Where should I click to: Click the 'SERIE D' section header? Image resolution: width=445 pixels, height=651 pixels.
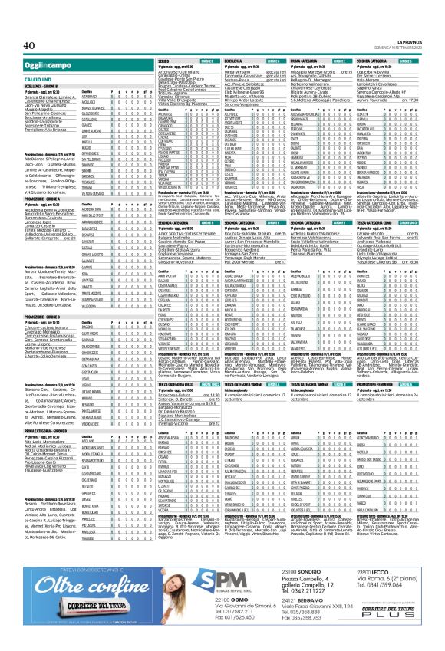point(164,60)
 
